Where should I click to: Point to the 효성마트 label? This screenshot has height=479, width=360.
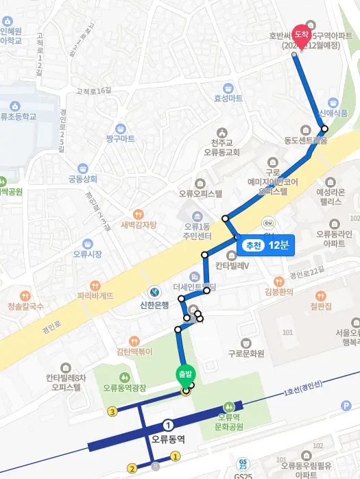click(x=228, y=98)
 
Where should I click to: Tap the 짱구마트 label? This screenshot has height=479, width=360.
click(x=121, y=138)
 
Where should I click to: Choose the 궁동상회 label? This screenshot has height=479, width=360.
click(x=82, y=179)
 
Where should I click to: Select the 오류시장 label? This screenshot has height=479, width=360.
click(x=87, y=254)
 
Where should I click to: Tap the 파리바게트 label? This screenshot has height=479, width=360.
click(x=95, y=295)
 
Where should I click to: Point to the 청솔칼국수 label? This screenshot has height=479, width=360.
click(x=25, y=306)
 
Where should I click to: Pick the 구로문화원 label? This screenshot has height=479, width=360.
click(x=247, y=354)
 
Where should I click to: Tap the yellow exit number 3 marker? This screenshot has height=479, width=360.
click(x=112, y=412)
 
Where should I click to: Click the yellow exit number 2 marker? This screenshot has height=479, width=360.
click(x=132, y=469)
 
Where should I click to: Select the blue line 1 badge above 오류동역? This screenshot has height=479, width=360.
click(x=169, y=424)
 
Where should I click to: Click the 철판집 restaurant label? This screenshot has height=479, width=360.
click(x=320, y=305)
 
